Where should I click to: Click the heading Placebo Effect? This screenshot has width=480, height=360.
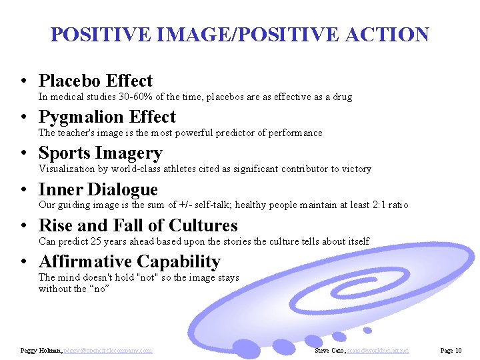(95, 81)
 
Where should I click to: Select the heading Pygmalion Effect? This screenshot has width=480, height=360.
(107, 117)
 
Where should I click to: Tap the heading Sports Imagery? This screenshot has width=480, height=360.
(100, 153)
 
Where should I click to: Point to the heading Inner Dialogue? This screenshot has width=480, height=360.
(98, 190)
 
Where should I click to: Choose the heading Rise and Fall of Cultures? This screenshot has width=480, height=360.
(138, 226)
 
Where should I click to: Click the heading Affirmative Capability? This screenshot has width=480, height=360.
(129, 262)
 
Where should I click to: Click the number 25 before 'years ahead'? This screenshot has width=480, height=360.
(97, 241)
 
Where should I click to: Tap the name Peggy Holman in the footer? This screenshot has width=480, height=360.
(41, 350)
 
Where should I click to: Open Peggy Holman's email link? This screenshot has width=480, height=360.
(109, 350)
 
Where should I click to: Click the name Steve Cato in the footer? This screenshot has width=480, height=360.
(330, 350)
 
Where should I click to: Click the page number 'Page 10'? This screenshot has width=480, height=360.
(451, 350)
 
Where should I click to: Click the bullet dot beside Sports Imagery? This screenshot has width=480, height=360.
(23, 154)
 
